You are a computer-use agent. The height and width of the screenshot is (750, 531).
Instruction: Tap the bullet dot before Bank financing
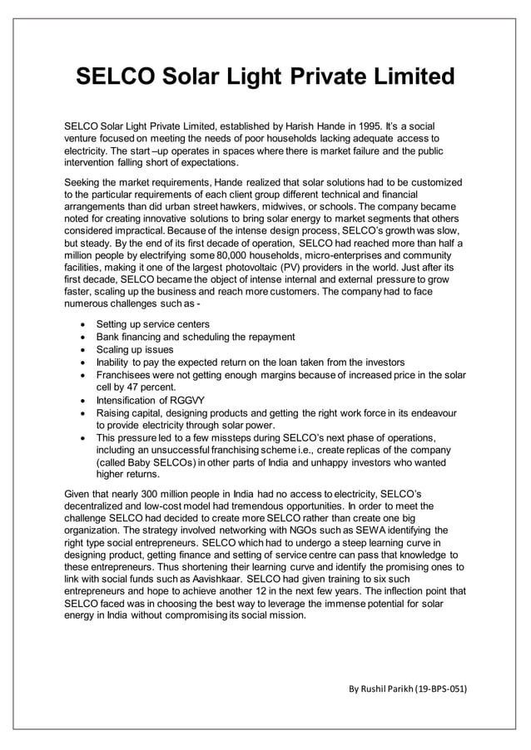[x=81, y=337]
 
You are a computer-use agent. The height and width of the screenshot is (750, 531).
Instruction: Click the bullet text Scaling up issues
[x=135, y=349]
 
